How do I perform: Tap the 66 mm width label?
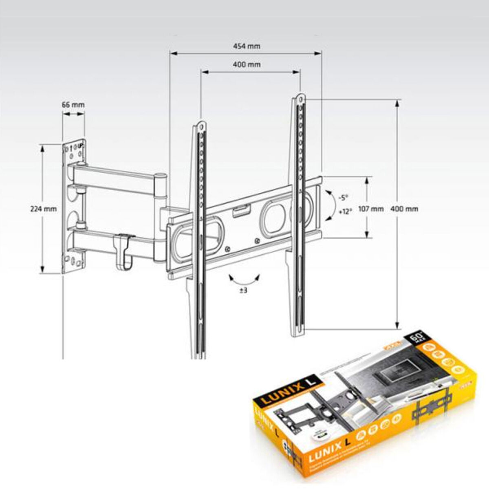pyautogui.click(x=73, y=104)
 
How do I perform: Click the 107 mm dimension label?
pyautogui.click(x=370, y=209)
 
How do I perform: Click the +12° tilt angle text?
pyautogui.click(x=345, y=212)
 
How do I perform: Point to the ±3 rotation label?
pyautogui.click(x=243, y=291)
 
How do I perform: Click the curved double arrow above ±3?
pyautogui.click(x=244, y=280)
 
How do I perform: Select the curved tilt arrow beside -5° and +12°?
pyautogui.click(x=329, y=205)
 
